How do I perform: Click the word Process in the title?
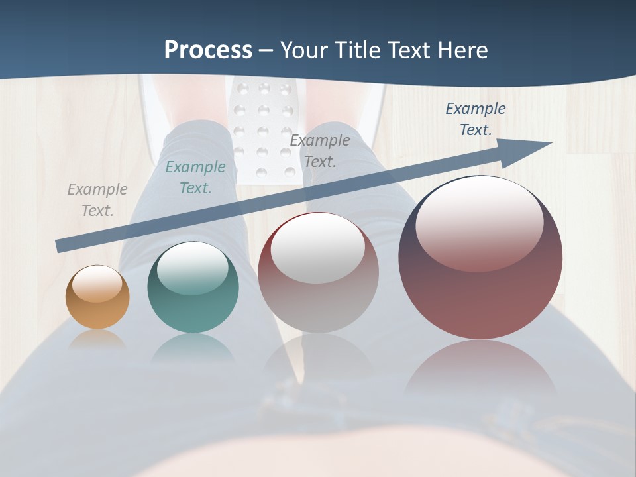coord(208,50)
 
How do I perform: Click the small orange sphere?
coord(97,297)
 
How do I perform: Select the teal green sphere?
coord(193,288)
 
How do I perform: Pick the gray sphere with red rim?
coord(318,273)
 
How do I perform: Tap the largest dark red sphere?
coord(480,257)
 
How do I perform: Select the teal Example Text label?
coord(195,178)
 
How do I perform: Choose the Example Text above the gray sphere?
coord(320,150)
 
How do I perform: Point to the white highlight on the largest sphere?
coord(479,223)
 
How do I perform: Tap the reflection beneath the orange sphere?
coord(97,339)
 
